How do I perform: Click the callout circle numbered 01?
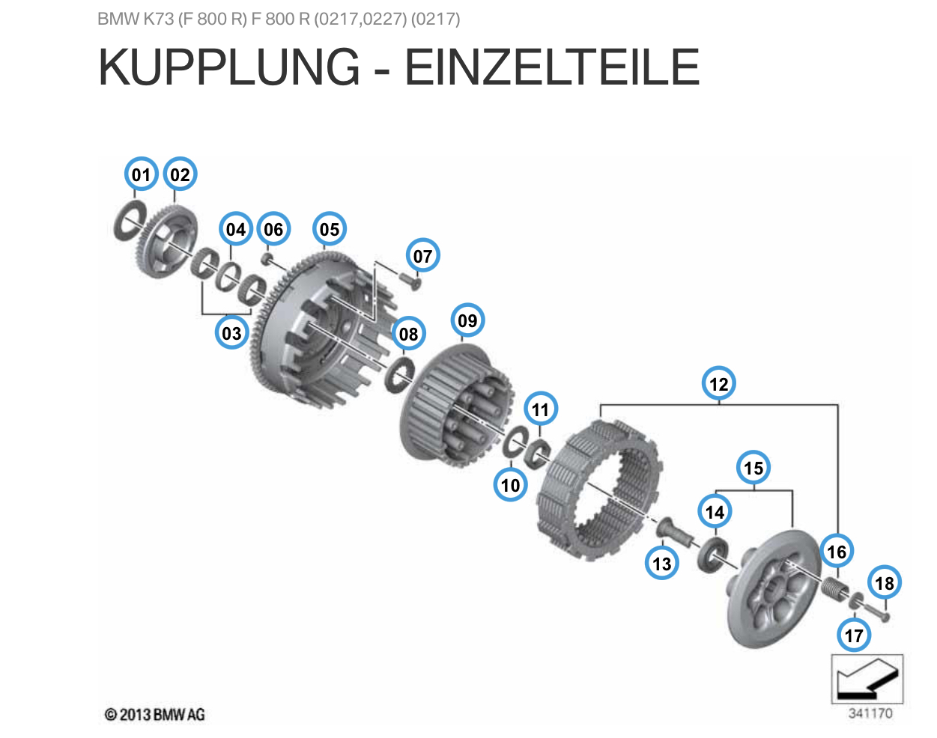[141, 174]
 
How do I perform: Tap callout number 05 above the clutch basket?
[330, 229]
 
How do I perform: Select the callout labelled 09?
[467, 320]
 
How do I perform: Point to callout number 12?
[718, 384]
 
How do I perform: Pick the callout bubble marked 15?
[753, 468]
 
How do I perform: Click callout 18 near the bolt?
[885, 583]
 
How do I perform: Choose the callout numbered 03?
[231, 333]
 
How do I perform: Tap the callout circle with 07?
[423, 256]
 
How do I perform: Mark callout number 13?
[662, 564]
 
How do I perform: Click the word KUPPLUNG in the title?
[229, 67]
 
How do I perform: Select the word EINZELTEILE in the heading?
[552, 67]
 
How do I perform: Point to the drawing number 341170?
[870, 713]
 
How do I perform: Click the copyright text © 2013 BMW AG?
[155, 715]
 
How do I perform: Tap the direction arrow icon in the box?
[867, 679]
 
